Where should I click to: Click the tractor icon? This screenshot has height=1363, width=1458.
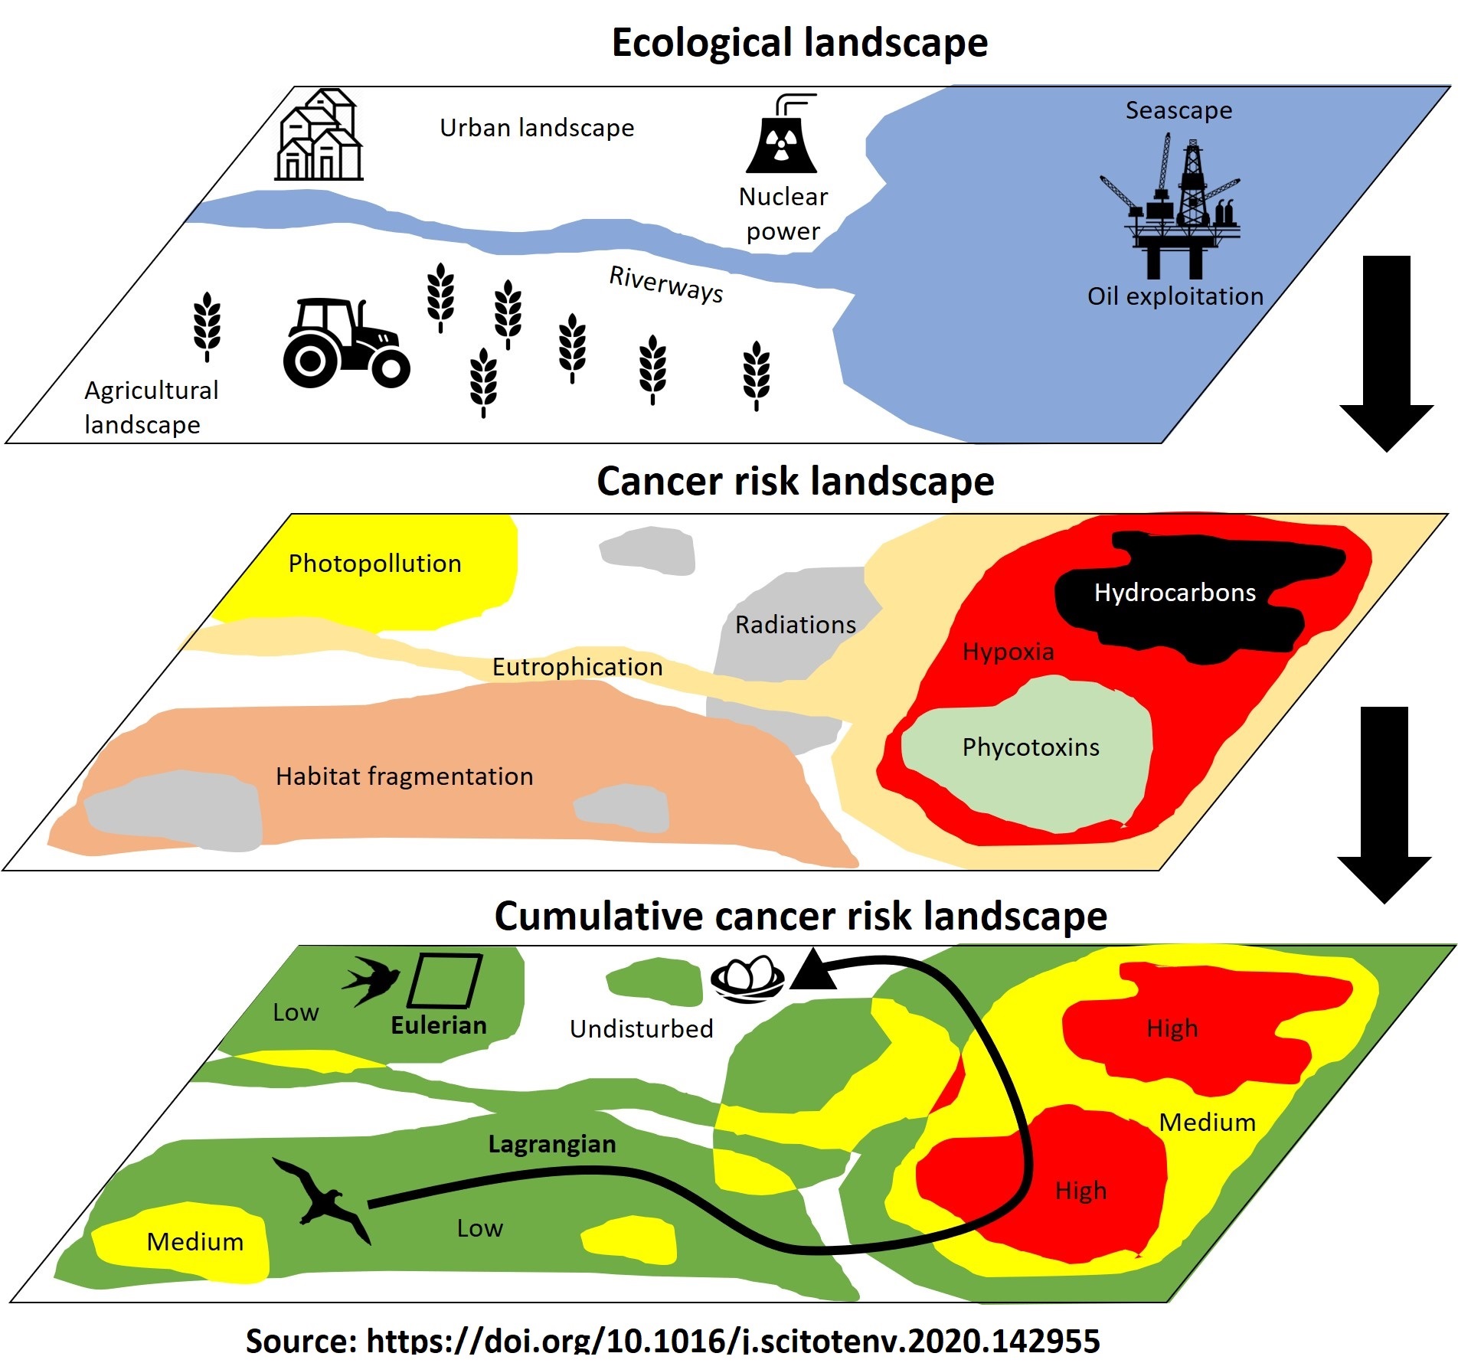pos(345,342)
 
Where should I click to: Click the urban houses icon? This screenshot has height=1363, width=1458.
pos(319,136)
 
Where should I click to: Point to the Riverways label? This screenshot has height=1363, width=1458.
pos(665,284)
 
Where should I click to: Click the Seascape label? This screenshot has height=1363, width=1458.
pos(1178,110)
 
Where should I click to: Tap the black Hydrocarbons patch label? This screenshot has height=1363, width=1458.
pos(1175,593)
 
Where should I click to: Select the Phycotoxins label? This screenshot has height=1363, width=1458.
pos(1031,747)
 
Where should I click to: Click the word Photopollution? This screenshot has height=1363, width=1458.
pos(374,564)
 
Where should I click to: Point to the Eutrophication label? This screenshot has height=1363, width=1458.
pos(577,667)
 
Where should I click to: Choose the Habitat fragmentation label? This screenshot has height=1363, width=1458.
pos(404,776)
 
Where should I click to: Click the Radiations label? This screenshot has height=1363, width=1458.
pos(796,625)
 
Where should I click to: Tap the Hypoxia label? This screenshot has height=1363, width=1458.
pos(1008,652)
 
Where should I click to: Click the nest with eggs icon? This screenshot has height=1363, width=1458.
pos(747,978)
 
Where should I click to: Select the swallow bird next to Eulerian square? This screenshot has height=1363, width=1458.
pos(371,979)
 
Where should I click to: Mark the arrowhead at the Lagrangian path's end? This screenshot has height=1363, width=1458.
pos(813,970)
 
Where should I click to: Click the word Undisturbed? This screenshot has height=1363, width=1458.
pos(641,1028)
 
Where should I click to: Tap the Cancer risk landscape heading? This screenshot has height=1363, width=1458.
pos(795,482)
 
